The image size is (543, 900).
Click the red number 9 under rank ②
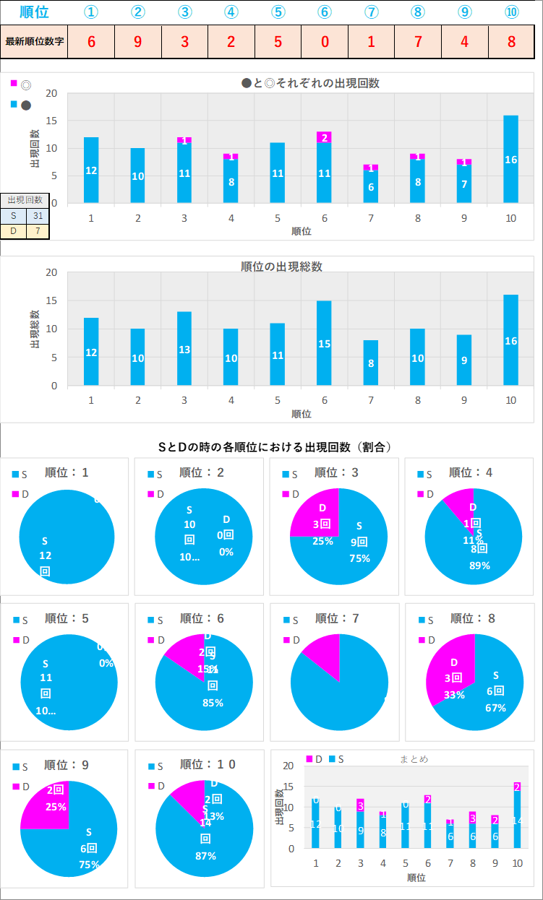coord(137,41)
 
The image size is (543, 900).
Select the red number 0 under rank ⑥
coord(325,41)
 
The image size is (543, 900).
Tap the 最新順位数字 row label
coord(35,41)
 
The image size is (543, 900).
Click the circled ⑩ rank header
coord(511,12)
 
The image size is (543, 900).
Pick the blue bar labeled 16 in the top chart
coord(510,159)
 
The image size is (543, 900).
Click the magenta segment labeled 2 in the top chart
coord(324,137)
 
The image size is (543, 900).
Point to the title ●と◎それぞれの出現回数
coord(310,83)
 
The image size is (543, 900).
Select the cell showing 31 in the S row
coord(38,215)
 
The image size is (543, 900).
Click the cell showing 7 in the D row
coord(38,231)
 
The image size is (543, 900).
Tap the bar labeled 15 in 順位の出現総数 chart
coord(324,343)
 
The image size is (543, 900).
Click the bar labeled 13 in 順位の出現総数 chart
coord(184,349)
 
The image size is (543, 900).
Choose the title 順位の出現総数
coord(281,267)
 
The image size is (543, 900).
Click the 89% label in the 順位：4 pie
coord(479,566)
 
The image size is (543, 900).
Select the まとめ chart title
coord(414,759)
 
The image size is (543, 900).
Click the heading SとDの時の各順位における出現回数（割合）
coord(275,447)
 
